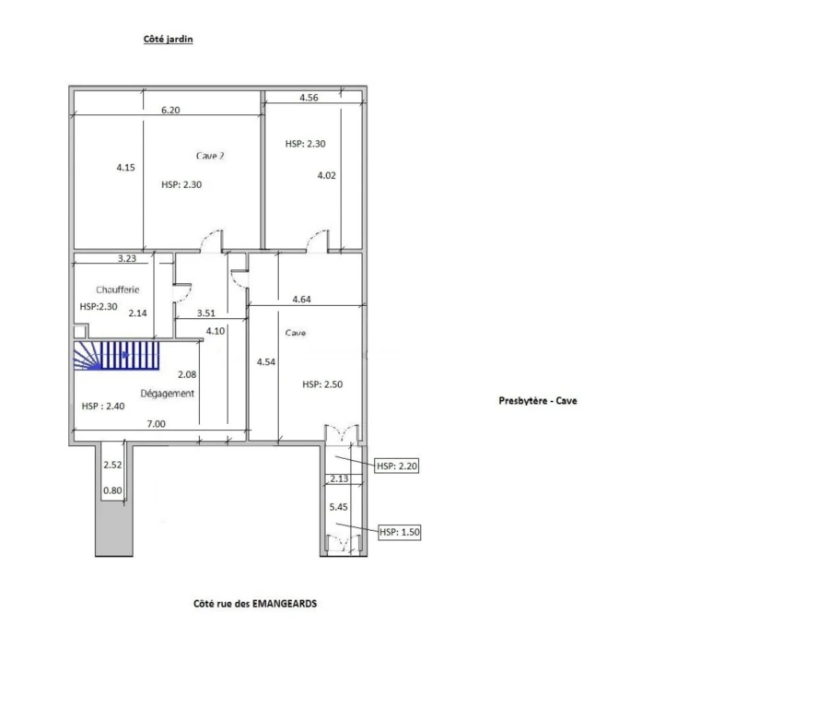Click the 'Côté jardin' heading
168,39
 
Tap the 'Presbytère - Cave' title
538,400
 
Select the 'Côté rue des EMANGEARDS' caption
255,603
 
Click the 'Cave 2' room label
211,156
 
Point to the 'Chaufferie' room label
117,289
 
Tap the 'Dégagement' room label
168,393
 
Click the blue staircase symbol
116,356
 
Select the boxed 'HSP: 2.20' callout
396,466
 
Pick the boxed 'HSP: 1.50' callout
399,532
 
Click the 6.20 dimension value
170,110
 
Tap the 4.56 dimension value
309,98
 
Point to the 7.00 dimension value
156,424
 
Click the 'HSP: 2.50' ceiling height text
322,384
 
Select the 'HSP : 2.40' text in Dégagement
103,406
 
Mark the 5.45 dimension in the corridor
338,507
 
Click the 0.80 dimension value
112,490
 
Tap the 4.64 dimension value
301,300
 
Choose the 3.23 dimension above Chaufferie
126,258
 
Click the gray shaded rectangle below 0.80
114,528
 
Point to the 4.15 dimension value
125,168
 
